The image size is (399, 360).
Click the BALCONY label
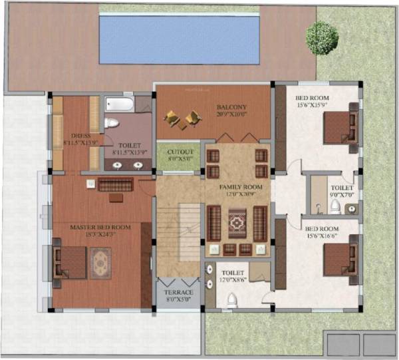[x=231, y=107]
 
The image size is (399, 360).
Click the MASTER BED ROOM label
[x=100, y=228]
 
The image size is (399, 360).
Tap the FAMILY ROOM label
[x=241, y=188]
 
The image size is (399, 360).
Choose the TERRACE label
[x=178, y=293]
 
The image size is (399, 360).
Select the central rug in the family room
[x=237, y=223]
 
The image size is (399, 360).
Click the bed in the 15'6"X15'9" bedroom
[x=339, y=126]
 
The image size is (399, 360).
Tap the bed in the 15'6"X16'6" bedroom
[x=339, y=260]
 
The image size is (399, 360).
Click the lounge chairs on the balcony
[x=183, y=118]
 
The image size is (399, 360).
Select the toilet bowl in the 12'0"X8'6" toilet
[x=231, y=299]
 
